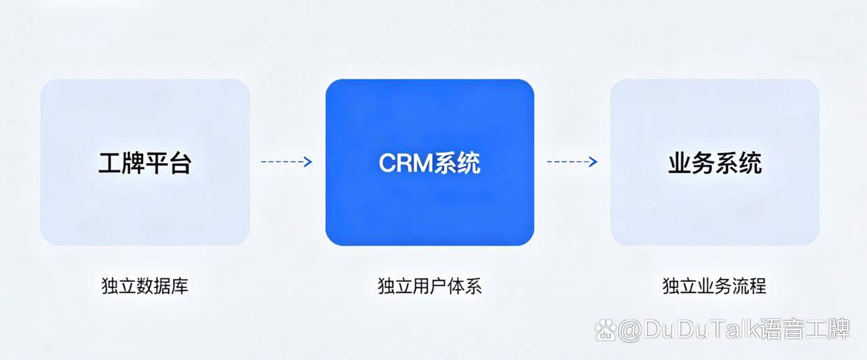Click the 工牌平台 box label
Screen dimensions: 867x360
144,163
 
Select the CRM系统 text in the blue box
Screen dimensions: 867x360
429,163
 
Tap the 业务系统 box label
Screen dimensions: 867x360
715,163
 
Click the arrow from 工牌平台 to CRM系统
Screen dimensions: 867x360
286,162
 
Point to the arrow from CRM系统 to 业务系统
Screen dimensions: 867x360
572,162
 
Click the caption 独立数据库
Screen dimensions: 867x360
144,286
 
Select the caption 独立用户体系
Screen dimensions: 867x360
429,286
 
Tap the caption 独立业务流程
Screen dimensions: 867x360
715,286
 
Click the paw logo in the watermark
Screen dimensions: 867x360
605,330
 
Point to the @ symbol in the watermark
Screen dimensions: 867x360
630,331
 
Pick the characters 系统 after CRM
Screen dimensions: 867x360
457,163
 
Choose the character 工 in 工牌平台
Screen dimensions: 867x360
110,163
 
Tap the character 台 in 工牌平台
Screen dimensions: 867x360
180,163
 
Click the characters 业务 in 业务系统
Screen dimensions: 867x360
691,163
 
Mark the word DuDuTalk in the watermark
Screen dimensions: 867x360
702,329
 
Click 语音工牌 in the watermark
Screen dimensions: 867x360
805,329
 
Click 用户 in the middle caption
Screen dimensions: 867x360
429,286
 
